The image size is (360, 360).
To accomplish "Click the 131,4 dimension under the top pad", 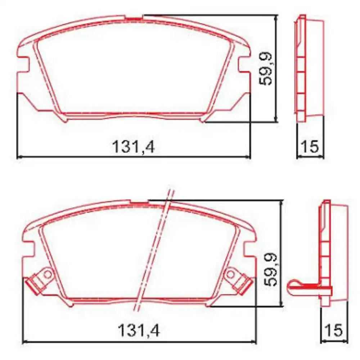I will click(x=133, y=147).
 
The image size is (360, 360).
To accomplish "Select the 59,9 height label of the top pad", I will click(x=267, y=68).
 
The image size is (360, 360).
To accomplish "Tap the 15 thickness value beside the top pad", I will click(x=310, y=147).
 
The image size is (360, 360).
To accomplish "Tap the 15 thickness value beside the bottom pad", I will click(x=333, y=330).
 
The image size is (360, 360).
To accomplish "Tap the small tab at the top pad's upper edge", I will click(x=134, y=17).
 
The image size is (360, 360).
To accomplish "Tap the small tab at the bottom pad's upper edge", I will click(x=139, y=203).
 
